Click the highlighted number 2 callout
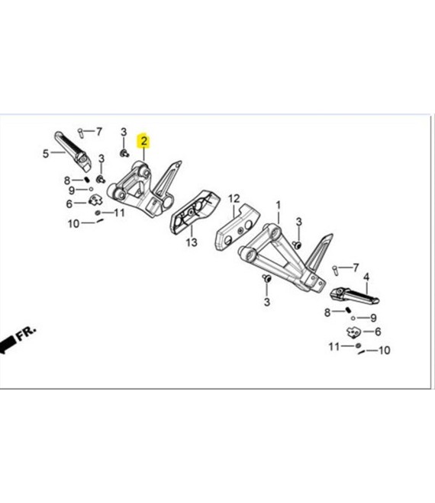[143, 141]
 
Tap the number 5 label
[46, 154]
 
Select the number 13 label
[192, 242]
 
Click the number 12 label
[234, 199]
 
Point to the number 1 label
[279, 205]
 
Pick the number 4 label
[366, 277]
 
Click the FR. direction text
[27, 334]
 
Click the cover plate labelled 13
[195, 212]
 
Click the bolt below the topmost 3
[124, 153]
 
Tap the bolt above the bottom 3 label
[266, 278]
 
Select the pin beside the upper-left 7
[81, 133]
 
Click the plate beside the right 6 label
[353, 332]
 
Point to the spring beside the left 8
[87, 179]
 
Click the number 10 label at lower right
[384, 350]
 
